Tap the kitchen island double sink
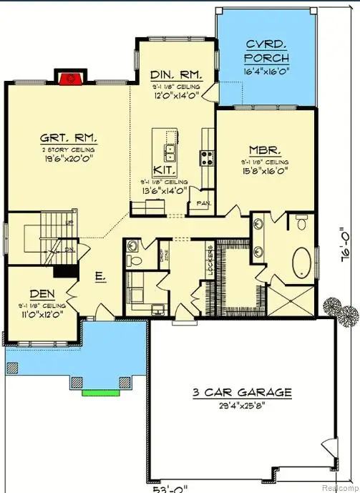(x=170, y=152)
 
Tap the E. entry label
(x=101, y=274)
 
